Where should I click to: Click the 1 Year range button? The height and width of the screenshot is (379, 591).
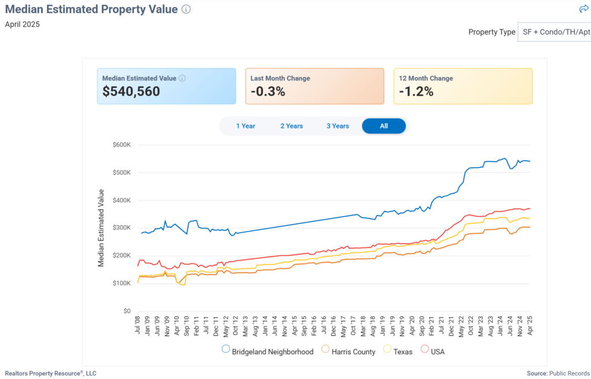[245, 126]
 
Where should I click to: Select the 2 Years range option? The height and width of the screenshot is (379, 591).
[291, 126]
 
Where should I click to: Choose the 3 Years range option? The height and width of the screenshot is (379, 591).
[338, 126]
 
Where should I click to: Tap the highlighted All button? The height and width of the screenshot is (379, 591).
[384, 126]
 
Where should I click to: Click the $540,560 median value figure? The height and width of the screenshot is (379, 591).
[131, 91]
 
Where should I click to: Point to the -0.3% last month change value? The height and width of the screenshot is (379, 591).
[268, 91]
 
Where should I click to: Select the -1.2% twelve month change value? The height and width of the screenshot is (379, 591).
[416, 91]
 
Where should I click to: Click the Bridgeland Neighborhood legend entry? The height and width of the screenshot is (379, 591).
[268, 351]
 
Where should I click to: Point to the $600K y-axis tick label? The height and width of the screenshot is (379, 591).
[122, 144]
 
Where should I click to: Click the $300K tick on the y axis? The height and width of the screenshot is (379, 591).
[122, 228]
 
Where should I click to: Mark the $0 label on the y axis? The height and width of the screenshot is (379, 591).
[127, 311]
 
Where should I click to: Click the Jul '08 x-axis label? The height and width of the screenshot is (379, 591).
[138, 328]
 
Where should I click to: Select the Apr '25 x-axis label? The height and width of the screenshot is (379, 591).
[529, 328]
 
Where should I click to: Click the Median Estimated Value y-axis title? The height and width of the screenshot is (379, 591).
[101, 228]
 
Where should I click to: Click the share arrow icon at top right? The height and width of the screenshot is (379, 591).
[583, 9]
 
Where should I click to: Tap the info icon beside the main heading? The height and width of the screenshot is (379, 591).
[186, 9]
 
